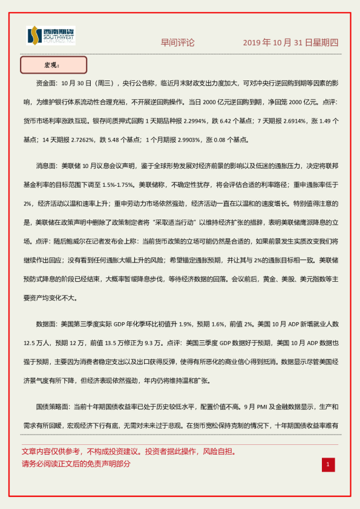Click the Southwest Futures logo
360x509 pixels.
[x=51, y=36]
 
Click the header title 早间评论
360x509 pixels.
[x=177, y=43]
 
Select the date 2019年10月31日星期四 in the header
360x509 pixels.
[x=290, y=43]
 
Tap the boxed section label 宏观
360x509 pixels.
[x=53, y=65]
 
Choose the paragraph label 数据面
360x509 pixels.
[x=48, y=324]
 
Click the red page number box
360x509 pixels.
[x=327, y=464]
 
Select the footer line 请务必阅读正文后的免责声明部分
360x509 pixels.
[x=76, y=464]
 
